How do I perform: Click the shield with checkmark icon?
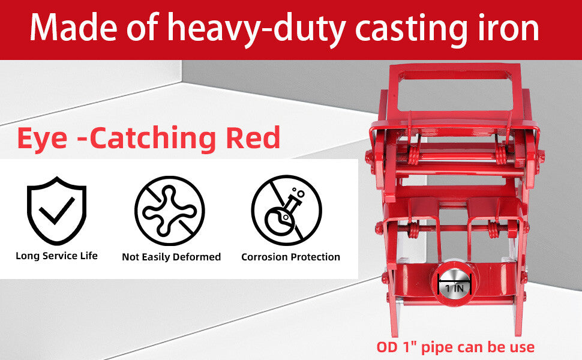coord(56,210)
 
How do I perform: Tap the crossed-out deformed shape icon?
coord(170,211)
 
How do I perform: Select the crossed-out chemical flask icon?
coord(287,210)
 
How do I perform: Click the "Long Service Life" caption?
coord(56,256)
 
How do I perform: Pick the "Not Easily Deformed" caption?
coord(172,257)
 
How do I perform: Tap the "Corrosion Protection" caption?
coord(290,257)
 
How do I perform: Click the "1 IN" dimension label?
coord(454,288)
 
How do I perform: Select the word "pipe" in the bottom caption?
coord(440,349)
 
